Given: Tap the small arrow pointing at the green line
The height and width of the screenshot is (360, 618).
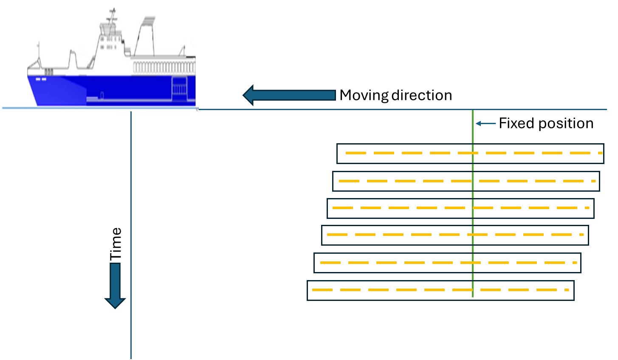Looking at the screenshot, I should click(485, 124).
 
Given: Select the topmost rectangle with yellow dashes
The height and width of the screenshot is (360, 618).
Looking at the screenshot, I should click(470, 153).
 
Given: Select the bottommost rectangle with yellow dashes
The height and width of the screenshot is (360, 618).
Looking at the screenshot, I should click(440, 290).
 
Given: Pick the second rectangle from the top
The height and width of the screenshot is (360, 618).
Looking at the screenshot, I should click(466, 181).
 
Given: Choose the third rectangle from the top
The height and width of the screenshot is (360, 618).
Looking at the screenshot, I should click(460, 208).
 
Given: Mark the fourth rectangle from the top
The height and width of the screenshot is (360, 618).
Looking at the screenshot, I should click(455, 235).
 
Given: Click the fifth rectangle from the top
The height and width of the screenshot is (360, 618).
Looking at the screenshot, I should click(447, 263).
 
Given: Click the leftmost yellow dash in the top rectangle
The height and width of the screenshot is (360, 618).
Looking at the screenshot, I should click(356, 153).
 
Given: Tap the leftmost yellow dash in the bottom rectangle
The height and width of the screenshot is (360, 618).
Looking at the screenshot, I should click(322, 290).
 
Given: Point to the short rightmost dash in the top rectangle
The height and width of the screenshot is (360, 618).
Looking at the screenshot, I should click(600, 153).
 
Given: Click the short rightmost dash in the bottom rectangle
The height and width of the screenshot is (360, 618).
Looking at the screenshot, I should click(567, 290).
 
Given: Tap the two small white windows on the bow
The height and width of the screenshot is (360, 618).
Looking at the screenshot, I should click(41, 79).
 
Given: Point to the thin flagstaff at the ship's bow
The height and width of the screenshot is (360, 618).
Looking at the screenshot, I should click(39, 51).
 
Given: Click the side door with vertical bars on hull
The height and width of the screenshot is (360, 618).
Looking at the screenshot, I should click(179, 89).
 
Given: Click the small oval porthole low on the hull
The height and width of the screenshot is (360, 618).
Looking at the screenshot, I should click(102, 95).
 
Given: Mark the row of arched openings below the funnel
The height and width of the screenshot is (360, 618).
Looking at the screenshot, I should click(164, 67).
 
